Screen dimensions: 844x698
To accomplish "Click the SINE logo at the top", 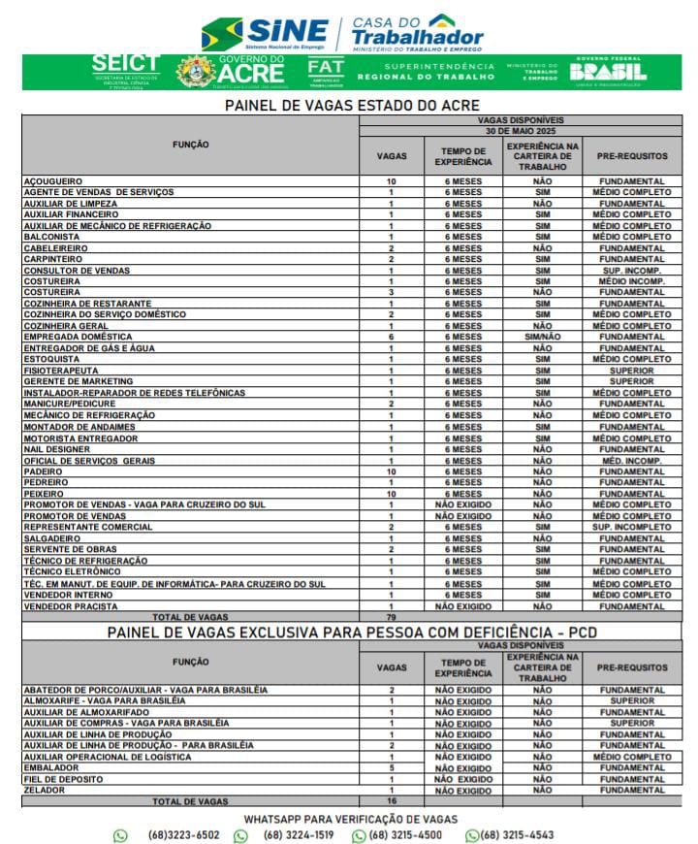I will click(x=265, y=33).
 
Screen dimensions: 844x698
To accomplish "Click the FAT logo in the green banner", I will click(x=326, y=71).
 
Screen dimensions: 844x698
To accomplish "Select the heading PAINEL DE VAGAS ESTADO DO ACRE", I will click(x=353, y=106).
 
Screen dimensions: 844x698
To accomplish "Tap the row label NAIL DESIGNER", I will click(x=55, y=449).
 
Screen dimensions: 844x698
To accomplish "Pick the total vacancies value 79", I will click(x=392, y=617).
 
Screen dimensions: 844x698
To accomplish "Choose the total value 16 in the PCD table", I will click(x=392, y=801).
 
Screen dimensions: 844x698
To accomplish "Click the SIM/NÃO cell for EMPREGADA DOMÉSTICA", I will click(x=543, y=338).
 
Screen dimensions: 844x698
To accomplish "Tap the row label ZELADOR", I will click(x=44, y=791).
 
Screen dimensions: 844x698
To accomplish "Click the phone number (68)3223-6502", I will click(x=183, y=835).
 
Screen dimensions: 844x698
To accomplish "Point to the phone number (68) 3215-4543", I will click(x=517, y=835).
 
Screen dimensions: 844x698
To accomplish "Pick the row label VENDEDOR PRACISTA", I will click(x=70, y=606).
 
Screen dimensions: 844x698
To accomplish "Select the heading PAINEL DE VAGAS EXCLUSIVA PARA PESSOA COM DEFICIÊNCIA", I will click(x=352, y=633).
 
